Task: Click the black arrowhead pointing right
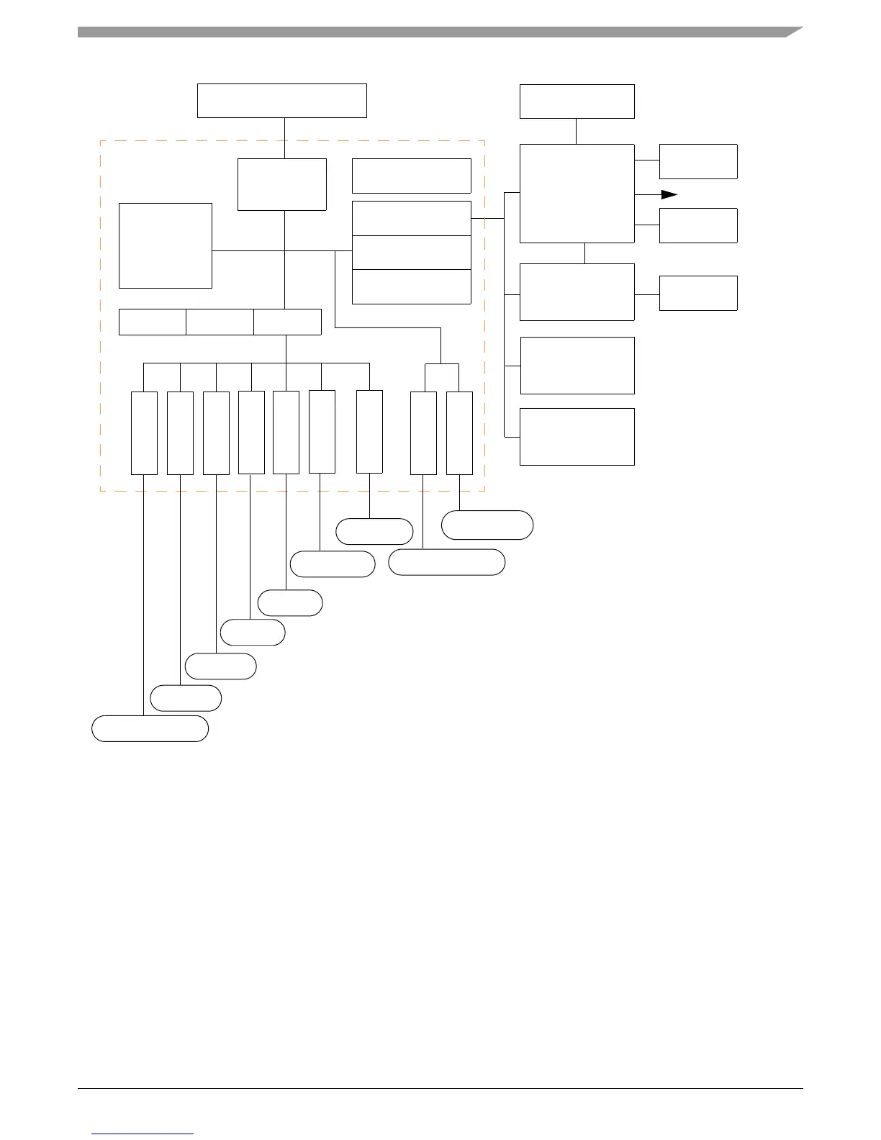coord(669,194)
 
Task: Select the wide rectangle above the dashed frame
coord(282,101)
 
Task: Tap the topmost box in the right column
coord(577,101)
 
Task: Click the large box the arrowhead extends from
coord(577,194)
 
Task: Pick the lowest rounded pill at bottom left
coord(150,728)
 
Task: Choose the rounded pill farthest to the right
coord(487,525)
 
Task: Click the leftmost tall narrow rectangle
coord(144,433)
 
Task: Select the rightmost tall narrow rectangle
coord(459,433)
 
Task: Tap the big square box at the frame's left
coord(165,245)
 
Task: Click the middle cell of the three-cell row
coord(220,322)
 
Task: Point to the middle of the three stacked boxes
coord(411,253)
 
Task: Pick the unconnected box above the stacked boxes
coord(411,176)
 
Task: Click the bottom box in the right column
coord(577,437)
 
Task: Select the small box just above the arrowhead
coord(698,161)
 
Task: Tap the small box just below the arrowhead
coord(698,225)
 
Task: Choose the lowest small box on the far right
coord(698,293)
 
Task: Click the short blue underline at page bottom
coord(143,1134)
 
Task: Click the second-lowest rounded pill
coord(186,698)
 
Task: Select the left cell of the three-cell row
coord(152,322)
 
